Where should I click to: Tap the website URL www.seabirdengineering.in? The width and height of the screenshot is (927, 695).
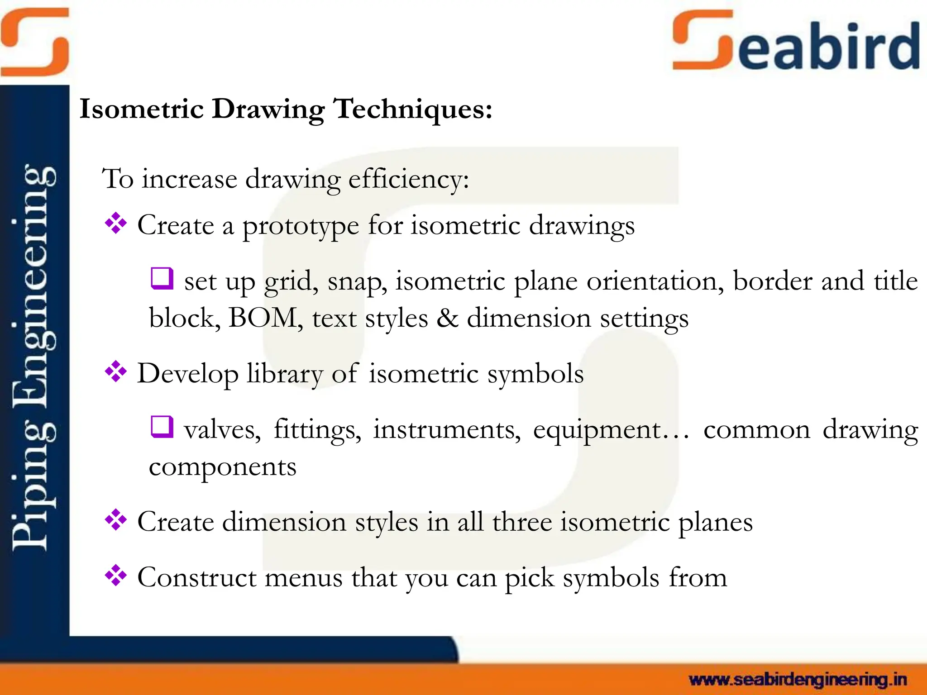(798, 680)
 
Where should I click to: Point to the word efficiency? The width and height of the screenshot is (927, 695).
(408, 180)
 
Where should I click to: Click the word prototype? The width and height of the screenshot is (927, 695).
(301, 226)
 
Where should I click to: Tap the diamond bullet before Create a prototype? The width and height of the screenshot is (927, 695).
(116, 224)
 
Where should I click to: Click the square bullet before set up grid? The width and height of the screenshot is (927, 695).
(162, 279)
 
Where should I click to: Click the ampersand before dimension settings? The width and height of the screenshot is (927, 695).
(447, 318)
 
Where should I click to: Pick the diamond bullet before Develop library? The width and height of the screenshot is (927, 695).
(116, 372)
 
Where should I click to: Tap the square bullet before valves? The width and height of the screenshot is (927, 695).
(162, 427)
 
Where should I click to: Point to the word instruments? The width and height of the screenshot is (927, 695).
(446, 430)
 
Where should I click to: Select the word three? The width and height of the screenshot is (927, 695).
(522, 522)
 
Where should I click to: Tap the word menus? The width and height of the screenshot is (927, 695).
(303, 578)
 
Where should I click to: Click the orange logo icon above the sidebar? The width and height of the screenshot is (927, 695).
(35, 42)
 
